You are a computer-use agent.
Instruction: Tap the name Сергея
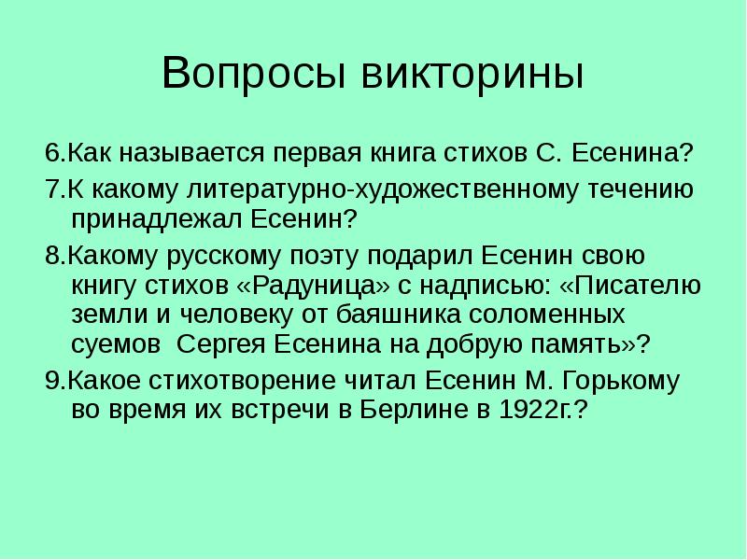point(219,343)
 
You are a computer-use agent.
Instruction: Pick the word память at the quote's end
point(591,343)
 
